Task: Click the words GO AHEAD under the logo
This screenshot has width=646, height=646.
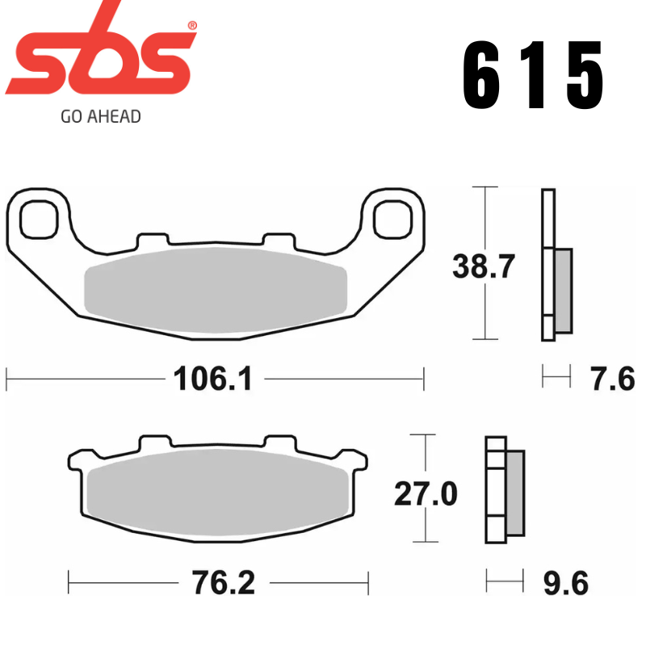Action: click(x=100, y=116)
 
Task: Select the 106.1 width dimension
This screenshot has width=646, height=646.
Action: click(x=214, y=377)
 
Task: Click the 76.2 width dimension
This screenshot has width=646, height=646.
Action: click(x=218, y=581)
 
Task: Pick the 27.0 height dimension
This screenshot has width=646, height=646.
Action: click(x=426, y=493)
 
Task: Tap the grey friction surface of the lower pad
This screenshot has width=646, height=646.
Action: click(x=218, y=498)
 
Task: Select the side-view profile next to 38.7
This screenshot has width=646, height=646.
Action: click(x=556, y=266)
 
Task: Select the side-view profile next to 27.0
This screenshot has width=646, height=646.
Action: click(x=504, y=490)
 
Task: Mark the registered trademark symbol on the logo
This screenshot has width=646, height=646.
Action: click(x=192, y=26)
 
